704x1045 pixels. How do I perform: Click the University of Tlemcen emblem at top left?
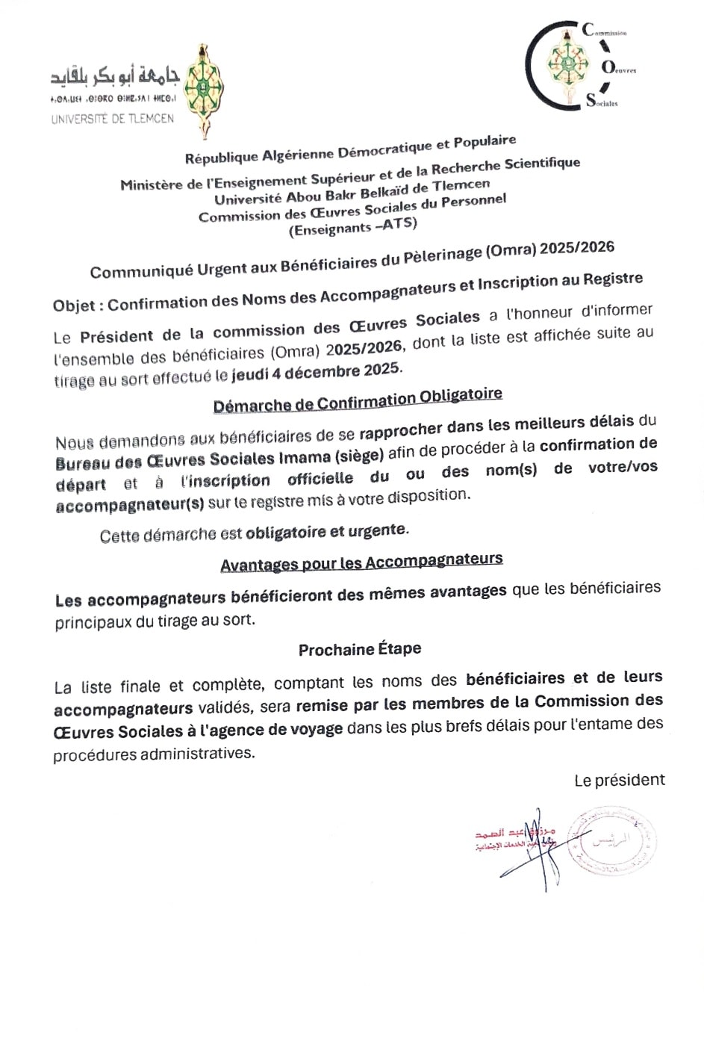202,90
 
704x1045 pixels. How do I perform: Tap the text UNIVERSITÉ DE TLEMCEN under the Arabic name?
113,119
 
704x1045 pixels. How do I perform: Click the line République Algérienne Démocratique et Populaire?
350,149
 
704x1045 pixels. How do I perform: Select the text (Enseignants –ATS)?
353,226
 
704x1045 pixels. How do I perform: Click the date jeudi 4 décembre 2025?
317,372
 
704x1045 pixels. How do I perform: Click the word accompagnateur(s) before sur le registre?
130,504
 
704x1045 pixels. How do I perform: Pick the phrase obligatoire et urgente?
327,531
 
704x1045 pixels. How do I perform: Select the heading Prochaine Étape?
360,649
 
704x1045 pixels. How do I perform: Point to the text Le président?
619,781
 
